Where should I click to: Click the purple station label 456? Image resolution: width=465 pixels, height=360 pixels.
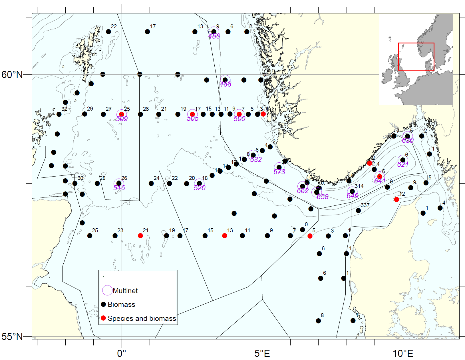(x=214, y=36)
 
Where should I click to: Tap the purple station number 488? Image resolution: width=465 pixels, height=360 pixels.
(x=226, y=84)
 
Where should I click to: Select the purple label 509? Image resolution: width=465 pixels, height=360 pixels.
(x=122, y=119)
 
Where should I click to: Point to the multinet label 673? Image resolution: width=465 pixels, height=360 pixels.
(x=279, y=172)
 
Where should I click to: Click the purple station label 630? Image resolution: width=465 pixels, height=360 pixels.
(x=408, y=140)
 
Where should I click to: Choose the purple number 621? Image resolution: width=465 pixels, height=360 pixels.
(x=403, y=164)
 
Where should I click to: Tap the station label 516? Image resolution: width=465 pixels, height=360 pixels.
(x=119, y=188)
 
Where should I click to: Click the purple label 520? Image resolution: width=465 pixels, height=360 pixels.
(x=200, y=188)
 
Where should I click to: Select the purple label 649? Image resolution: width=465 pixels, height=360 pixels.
(x=353, y=196)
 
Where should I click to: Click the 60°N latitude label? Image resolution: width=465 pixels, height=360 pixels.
(x=12, y=75)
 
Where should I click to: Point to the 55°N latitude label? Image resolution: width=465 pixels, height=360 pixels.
(x=12, y=337)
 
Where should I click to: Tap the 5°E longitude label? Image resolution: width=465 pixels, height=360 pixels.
(x=262, y=353)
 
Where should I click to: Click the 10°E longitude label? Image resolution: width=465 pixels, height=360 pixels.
(x=403, y=353)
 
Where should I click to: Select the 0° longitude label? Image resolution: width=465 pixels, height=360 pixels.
(x=122, y=353)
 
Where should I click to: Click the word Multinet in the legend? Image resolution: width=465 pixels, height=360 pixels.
(x=125, y=291)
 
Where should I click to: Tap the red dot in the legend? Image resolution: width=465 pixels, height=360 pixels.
(x=103, y=318)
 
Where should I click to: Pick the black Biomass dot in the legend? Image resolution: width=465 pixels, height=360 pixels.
(x=103, y=304)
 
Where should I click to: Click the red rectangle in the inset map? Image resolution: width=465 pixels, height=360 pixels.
(x=416, y=43)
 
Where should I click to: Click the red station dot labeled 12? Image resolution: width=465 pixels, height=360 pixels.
(x=396, y=199)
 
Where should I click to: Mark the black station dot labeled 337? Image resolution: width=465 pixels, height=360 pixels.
(x=358, y=211)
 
